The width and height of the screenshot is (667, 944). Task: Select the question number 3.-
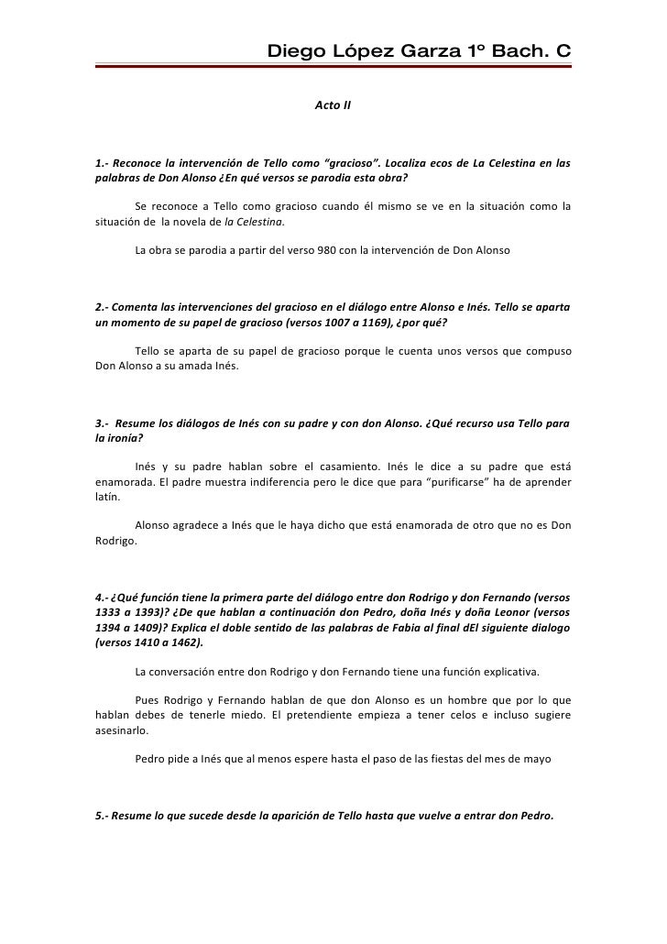pyautogui.click(x=104, y=424)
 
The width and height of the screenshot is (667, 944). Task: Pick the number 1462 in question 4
pyautogui.click(x=184, y=643)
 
